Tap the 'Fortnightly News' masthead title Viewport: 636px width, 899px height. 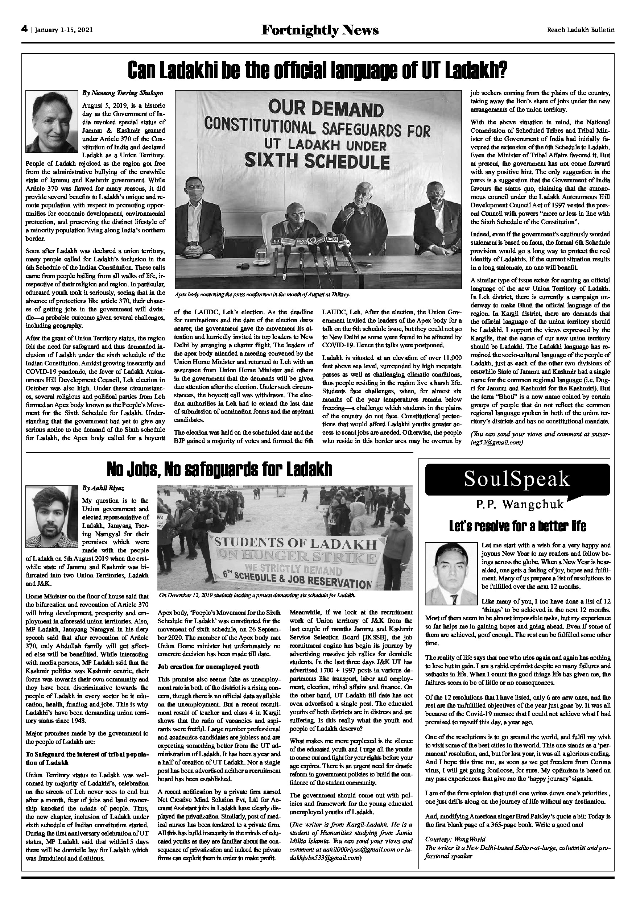[x=320, y=30]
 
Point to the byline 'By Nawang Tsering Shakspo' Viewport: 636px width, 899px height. [x=123, y=93]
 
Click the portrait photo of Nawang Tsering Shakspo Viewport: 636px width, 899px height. [x=52, y=122]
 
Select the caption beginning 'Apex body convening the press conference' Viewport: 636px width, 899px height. [x=262, y=294]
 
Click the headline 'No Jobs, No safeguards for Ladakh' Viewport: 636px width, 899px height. [x=219, y=469]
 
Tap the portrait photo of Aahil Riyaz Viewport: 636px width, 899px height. [x=52, y=517]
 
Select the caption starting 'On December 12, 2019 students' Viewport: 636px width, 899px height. [x=257, y=595]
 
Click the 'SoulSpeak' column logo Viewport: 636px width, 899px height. [x=517, y=479]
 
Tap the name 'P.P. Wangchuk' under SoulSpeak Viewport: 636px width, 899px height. [x=520, y=504]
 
